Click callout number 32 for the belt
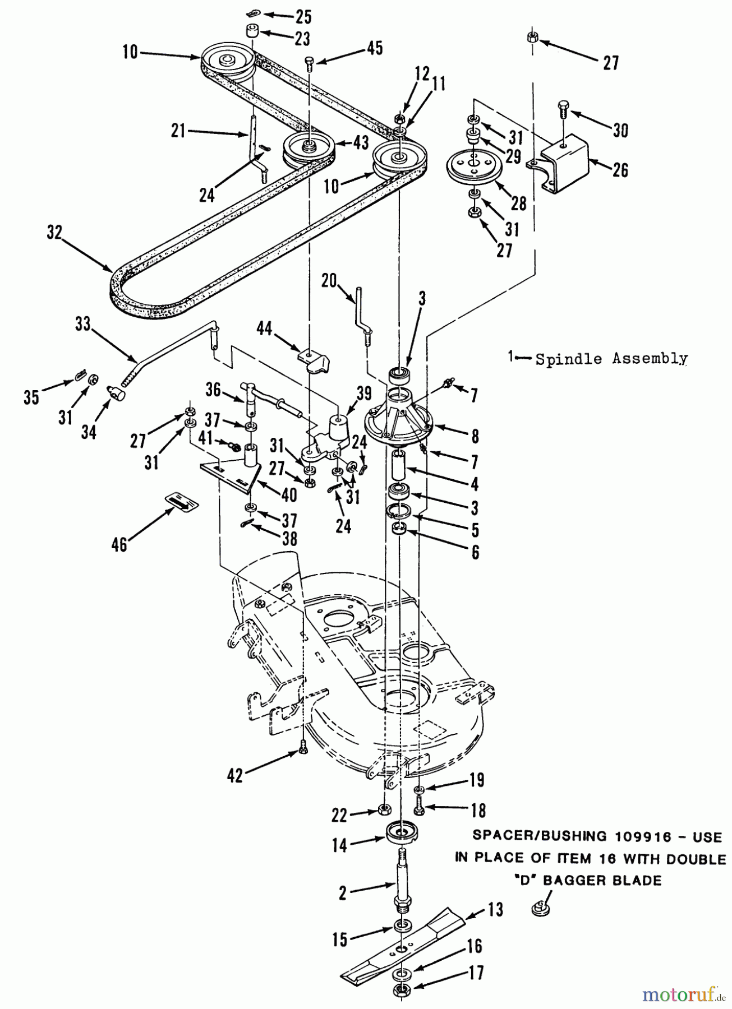tap(54, 232)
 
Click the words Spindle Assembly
tap(611, 359)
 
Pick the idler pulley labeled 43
tap(308, 150)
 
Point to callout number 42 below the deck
tap(234, 775)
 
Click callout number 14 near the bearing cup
tap(340, 845)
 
